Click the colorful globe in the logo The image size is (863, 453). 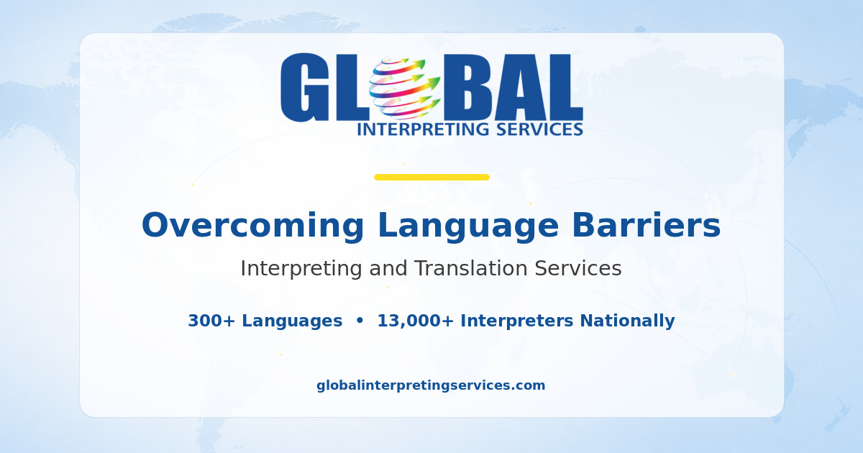(404, 88)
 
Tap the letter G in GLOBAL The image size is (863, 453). (305, 88)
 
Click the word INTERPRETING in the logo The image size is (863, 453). (424, 130)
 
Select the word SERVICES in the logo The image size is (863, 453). (540, 129)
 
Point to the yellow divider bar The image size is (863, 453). (431, 177)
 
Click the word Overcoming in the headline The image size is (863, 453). (252, 226)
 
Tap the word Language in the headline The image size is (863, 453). (468, 226)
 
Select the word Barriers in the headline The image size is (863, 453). (646, 225)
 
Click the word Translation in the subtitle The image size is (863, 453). (471, 268)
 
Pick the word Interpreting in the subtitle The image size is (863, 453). (301, 269)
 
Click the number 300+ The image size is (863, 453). (211, 321)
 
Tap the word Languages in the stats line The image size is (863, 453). (292, 321)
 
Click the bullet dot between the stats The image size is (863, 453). (360, 321)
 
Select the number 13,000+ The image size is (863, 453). (416, 321)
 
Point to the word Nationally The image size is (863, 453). (627, 321)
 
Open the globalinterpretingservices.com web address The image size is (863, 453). (431, 385)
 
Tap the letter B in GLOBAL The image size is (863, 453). (467, 87)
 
